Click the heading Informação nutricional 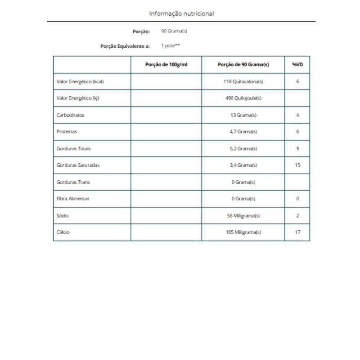(x=181, y=13)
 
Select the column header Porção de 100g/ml (x=166, y=65)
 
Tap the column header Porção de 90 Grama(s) (x=243, y=65)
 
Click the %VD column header (x=297, y=65)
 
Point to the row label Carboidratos (x=71, y=115)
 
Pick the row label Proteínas (x=67, y=132)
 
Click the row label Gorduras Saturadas (x=78, y=165)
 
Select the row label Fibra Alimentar (x=73, y=199)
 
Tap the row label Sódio (x=63, y=216)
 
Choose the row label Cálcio (x=63, y=232)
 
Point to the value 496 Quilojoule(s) (x=243, y=99)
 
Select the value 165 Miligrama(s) (x=243, y=232)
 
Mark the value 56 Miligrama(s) (x=243, y=216)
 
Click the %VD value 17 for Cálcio (x=297, y=232)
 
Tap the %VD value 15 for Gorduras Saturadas (x=297, y=165)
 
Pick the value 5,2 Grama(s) (x=243, y=148)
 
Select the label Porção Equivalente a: (x=125, y=46)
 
